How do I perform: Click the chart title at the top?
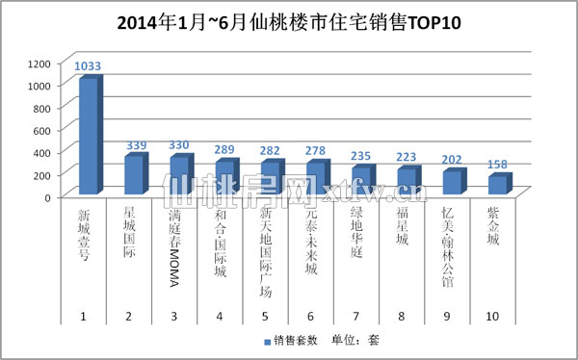289,22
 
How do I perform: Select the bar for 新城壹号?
88,136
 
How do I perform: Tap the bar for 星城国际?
133,174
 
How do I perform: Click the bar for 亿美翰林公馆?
448,182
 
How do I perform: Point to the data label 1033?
88,66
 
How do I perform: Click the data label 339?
136,145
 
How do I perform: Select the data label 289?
225,151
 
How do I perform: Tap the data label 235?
360,157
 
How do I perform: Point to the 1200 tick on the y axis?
39,64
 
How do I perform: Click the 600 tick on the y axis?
41,130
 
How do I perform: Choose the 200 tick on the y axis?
41,174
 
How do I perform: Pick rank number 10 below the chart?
492,317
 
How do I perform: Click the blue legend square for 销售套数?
267,342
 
